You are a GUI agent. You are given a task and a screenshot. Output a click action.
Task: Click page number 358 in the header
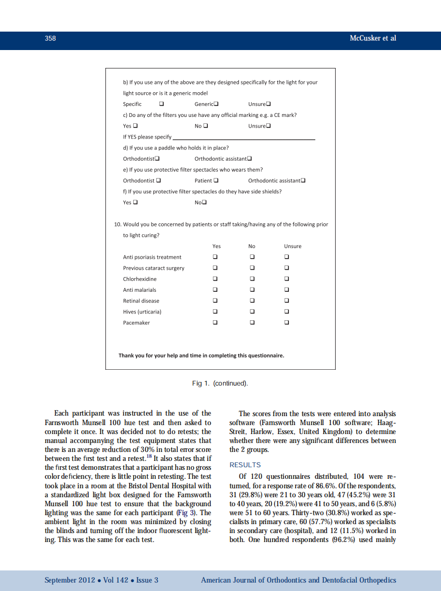[x=51, y=38]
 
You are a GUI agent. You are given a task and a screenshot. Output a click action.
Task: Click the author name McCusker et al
[x=373, y=38]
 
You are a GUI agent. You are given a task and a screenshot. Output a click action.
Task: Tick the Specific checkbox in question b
[x=161, y=104]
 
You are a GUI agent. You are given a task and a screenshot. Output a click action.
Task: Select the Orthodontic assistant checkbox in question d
[x=249, y=159]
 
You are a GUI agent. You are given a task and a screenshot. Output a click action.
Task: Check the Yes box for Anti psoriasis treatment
[x=215, y=257]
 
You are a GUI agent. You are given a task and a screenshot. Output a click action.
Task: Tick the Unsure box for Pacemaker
[x=287, y=322]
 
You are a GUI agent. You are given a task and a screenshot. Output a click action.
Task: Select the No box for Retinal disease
[x=252, y=301]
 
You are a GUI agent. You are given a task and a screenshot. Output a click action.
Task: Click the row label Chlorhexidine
[x=139, y=279]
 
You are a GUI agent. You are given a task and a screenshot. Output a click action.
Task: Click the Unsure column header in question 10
[x=293, y=246]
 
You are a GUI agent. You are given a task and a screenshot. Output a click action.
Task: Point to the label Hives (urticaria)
[x=142, y=312]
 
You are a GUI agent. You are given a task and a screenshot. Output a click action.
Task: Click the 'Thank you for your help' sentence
[x=201, y=355]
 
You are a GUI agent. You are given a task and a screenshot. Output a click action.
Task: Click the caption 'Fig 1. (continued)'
[x=220, y=383]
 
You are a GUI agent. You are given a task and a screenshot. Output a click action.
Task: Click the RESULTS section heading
[x=245, y=465]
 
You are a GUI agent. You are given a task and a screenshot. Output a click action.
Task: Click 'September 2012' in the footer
[x=70, y=580]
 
